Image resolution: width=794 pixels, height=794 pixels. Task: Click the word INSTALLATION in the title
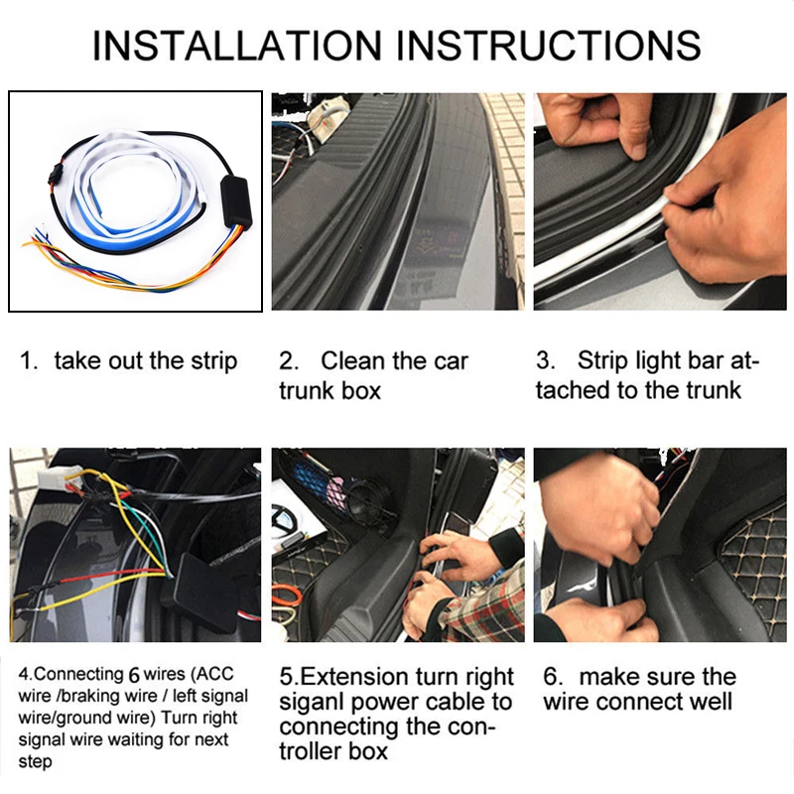[237, 46]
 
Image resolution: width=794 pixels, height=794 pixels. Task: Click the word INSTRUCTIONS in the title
[549, 46]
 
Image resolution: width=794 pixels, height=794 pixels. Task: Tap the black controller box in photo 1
[236, 202]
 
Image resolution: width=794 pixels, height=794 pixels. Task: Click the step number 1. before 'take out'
[29, 361]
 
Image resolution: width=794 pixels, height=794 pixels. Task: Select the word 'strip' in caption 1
[213, 361]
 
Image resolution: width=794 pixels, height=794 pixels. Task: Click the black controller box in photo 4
[206, 594]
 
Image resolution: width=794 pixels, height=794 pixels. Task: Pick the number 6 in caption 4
[134, 675]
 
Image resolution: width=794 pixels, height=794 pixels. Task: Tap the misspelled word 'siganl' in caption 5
[311, 703]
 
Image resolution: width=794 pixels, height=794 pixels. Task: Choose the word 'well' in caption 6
[711, 703]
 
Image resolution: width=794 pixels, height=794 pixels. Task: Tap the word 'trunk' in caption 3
[713, 391]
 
